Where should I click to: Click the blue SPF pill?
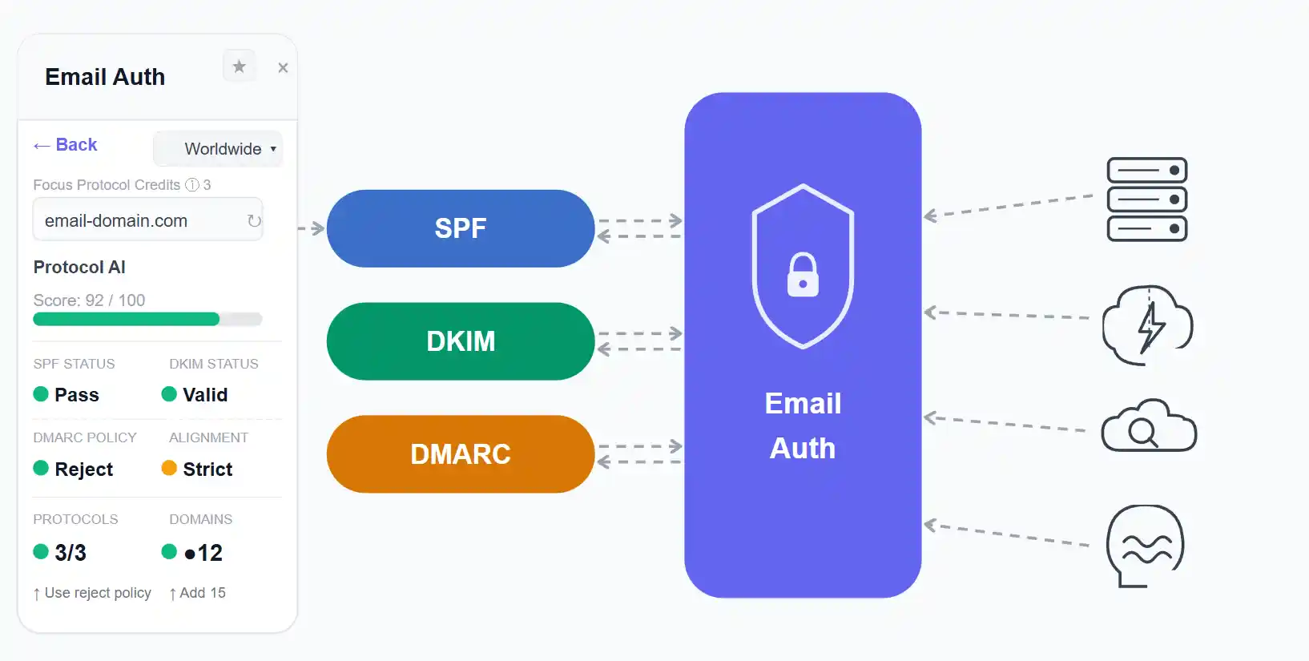pyautogui.click(x=461, y=228)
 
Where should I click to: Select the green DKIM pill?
pyautogui.click(x=461, y=341)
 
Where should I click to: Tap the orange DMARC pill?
pyautogui.click(x=461, y=454)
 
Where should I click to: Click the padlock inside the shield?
pyautogui.click(x=803, y=276)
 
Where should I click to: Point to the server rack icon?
pyautogui.click(x=1146, y=200)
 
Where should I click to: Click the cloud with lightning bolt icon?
pyautogui.click(x=1147, y=324)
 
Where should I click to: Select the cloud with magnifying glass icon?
pyautogui.click(x=1148, y=426)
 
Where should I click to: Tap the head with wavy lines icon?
pyautogui.click(x=1145, y=545)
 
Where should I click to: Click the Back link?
pyautogui.click(x=66, y=145)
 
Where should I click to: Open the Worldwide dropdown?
pyautogui.click(x=218, y=149)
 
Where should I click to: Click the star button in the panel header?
pyautogui.click(x=239, y=67)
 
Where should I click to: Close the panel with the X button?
pyautogui.click(x=283, y=68)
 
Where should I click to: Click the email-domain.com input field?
pyautogui.click(x=136, y=220)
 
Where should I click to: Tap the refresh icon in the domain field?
pyautogui.click(x=254, y=220)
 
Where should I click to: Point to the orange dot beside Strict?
pyautogui.click(x=169, y=468)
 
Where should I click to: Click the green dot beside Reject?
pyautogui.click(x=41, y=468)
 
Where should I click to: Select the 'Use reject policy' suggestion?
pyautogui.click(x=93, y=593)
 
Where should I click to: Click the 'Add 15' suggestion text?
pyautogui.click(x=199, y=593)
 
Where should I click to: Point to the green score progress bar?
pyautogui.click(x=127, y=319)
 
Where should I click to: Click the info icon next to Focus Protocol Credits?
pyautogui.click(x=192, y=185)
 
